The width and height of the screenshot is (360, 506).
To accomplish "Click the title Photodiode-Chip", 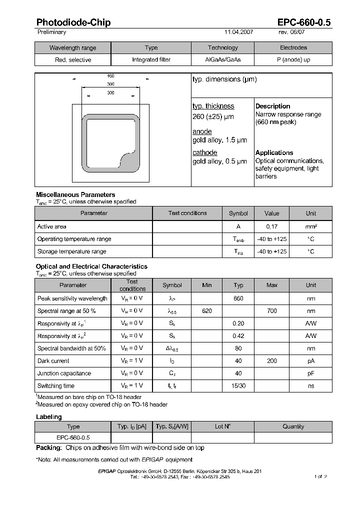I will pyautogui.click(x=73, y=22).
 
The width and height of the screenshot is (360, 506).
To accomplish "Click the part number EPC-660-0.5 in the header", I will pyautogui.click(x=304, y=22).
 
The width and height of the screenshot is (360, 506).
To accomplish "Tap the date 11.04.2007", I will pyautogui.click(x=238, y=32).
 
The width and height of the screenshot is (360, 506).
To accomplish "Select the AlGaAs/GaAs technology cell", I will pyautogui.click(x=222, y=59).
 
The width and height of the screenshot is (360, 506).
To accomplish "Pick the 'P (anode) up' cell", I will pyautogui.click(x=293, y=59).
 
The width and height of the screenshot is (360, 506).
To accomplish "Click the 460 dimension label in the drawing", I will pyautogui.click(x=110, y=76).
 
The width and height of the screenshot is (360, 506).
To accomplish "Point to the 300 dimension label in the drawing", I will pyautogui.click(x=110, y=93).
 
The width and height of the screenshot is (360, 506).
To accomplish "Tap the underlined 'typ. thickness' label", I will pyautogui.click(x=213, y=106).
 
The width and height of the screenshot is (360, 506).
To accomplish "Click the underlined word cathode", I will pyautogui.click(x=204, y=152).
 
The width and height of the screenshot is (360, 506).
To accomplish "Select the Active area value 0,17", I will pyautogui.click(x=271, y=226).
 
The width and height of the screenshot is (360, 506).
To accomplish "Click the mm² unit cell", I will pyautogui.click(x=311, y=226).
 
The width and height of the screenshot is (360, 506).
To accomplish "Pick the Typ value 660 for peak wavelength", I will pyautogui.click(x=238, y=298).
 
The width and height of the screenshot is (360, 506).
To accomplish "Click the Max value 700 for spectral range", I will pyautogui.click(x=271, y=311).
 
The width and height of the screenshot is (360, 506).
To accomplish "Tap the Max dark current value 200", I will pyautogui.click(x=271, y=361).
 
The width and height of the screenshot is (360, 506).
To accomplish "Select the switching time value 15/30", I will pyautogui.click(x=238, y=386).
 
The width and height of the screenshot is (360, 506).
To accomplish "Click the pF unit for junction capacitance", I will pyautogui.click(x=311, y=373).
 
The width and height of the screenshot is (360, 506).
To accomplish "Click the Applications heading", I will pyautogui.click(x=274, y=152).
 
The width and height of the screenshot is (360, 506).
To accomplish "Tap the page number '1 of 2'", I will pyautogui.click(x=320, y=476).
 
